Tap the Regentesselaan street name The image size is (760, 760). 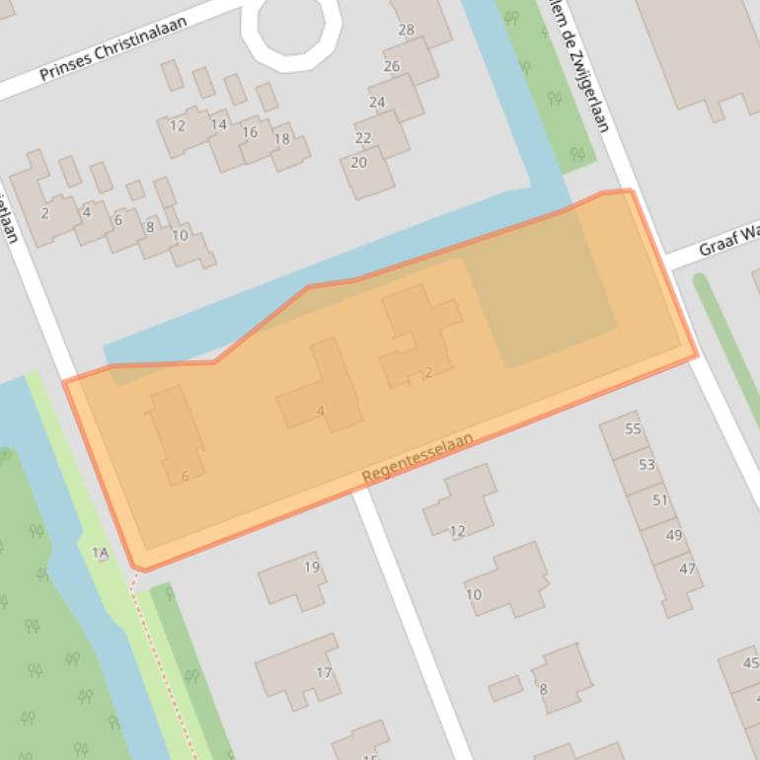pos(418,458)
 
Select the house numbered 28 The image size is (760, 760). pos(407,30)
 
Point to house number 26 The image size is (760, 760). pos(392,66)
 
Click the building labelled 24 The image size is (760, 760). pos(377,102)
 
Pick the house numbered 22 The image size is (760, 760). pos(363,138)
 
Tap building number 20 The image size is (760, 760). pos(358,162)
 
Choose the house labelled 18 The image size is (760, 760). pos(281,139)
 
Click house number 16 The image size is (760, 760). pos(250,132)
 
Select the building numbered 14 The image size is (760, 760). pos(218,124)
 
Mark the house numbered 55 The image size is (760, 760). pos(633,428)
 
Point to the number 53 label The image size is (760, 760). pos(646,464)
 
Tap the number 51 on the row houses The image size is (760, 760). pos(660,499)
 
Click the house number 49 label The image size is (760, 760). pos(674,535)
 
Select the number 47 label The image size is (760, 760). pos(688,569)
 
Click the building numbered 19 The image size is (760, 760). pos(312,567)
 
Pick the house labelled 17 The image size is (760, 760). pos(324,673)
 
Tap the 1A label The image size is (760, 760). pos(100,553)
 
